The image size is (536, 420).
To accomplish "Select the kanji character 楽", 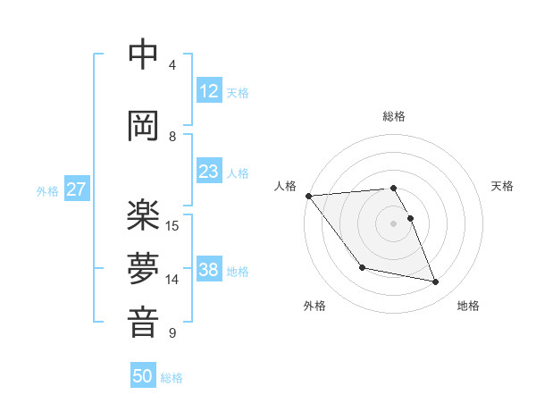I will pos(143,215).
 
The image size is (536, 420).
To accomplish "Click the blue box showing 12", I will pos(208,91).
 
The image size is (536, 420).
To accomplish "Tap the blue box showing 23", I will pos(208,172).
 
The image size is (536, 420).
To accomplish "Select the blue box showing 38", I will pos(208,270).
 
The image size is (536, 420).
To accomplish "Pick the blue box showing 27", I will pos(76,189).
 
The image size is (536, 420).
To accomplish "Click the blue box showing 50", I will pos(143,376).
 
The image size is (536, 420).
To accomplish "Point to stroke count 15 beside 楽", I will pos(173,225).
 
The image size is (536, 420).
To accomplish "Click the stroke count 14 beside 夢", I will pos(173,280).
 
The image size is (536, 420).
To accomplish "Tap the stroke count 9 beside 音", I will pos(172,333).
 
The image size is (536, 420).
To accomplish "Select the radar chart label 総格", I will pos(394,116).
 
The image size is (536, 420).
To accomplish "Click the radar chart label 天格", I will pos(503,186).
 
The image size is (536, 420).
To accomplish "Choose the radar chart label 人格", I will pos(285,186).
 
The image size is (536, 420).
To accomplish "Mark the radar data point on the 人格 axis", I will pos(308,196).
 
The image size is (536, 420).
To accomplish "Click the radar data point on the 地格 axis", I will pos(436,282).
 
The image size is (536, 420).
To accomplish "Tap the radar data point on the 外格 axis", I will pos(362,267).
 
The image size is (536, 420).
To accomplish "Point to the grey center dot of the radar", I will pos(394,223).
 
